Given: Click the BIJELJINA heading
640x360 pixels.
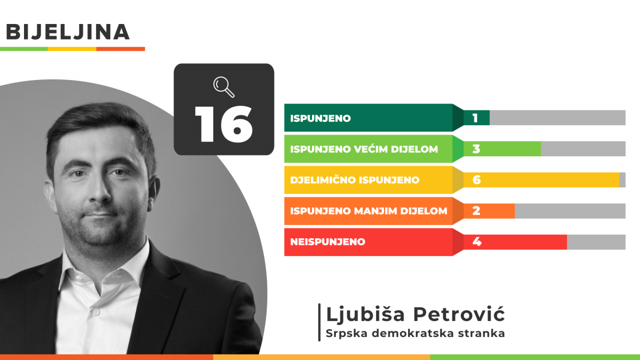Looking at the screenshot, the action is coord(68,31).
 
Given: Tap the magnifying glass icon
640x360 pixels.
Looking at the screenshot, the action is coord(223,87).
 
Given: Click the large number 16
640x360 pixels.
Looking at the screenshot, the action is coord(223,124).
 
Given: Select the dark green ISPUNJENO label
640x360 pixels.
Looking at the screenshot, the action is coord(321,118).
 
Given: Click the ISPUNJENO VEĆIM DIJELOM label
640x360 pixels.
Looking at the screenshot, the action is coord(364,149).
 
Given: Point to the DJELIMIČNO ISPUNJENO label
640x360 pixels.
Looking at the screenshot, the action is coord(355,180).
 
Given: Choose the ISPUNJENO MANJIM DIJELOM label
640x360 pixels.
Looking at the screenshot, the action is coord(369,211).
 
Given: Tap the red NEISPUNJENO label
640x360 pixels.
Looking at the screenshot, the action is coord(327,242).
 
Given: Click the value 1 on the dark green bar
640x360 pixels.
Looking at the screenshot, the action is coord(475,118).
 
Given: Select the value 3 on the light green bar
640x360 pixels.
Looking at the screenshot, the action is coord(476,149).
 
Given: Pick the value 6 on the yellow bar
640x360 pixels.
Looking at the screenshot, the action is coord(477,180).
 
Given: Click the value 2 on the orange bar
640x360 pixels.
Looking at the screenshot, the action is coord(476,211).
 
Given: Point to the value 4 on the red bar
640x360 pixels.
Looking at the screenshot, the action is coord(477,242).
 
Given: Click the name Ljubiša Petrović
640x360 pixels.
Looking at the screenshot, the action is coord(415,314).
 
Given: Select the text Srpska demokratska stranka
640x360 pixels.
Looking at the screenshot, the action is coord(415,333).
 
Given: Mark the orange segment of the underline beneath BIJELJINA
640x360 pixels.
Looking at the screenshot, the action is coord(121,49).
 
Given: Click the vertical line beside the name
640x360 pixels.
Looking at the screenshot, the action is coord(319,322).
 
